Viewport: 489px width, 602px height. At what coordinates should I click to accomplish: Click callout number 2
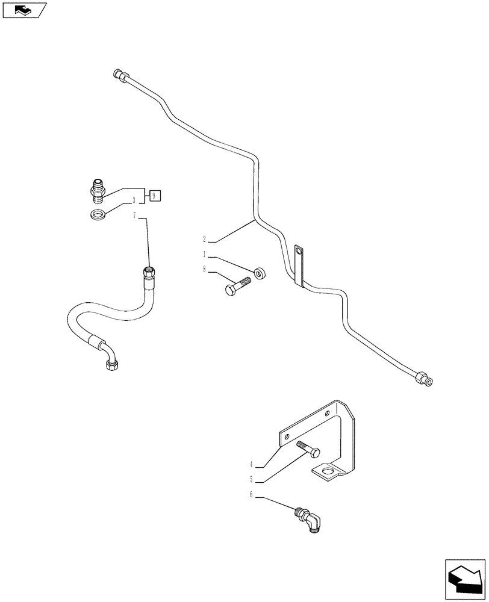tap(204, 239)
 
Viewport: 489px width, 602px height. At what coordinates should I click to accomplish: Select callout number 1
tap(204, 254)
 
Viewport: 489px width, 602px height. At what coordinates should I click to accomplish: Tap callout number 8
tap(204, 270)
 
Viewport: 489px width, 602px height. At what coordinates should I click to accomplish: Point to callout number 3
tap(134, 200)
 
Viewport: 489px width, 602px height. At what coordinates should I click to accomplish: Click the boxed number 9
tap(155, 195)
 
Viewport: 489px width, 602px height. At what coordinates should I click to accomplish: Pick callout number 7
tap(134, 215)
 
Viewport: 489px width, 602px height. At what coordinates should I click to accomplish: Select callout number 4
tap(251, 464)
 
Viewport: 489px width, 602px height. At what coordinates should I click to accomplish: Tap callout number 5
tap(251, 480)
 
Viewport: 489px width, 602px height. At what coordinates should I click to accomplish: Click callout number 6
tap(251, 495)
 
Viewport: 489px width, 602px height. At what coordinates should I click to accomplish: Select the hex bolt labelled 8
tap(238, 285)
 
